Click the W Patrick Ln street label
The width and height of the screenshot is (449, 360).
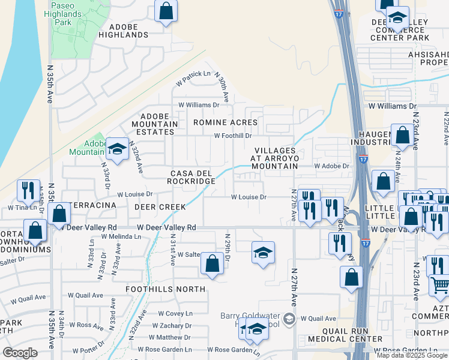pyautogui.click(x=193, y=75)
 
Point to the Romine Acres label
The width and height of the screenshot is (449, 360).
pyautogui.click(x=225, y=122)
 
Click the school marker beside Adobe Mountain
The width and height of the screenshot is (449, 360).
pyautogui.click(x=117, y=148)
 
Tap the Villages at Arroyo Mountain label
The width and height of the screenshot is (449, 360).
pyautogui.click(x=276, y=158)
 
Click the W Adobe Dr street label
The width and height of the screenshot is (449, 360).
pyautogui.click(x=331, y=166)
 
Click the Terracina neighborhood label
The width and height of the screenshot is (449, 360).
pyautogui.click(x=92, y=205)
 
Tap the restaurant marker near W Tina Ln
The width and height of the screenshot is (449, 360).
pyautogui.click(x=28, y=191)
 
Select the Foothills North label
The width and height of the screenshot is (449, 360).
pyautogui.click(x=165, y=289)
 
